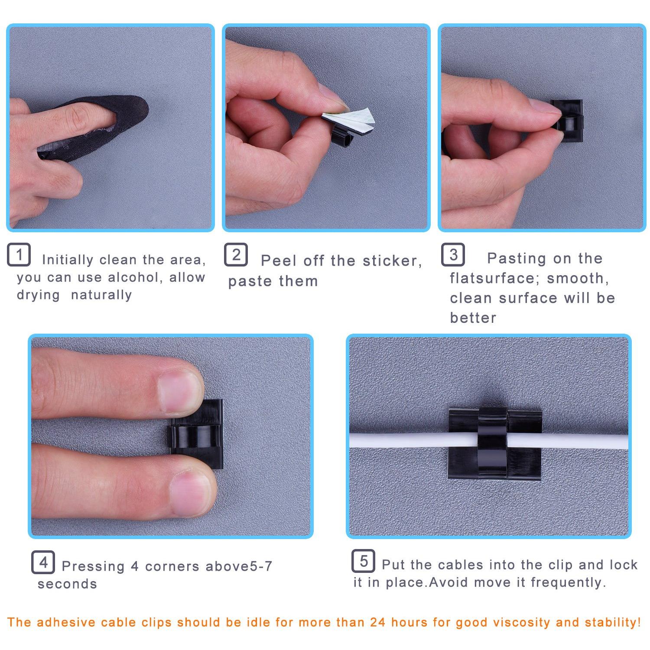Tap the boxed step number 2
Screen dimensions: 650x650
click(x=236, y=254)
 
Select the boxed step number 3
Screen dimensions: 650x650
click(x=453, y=254)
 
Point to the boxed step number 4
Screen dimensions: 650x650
click(x=43, y=562)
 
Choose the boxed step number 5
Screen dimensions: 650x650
click(x=364, y=561)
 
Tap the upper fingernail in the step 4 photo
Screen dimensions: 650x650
click(x=180, y=392)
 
